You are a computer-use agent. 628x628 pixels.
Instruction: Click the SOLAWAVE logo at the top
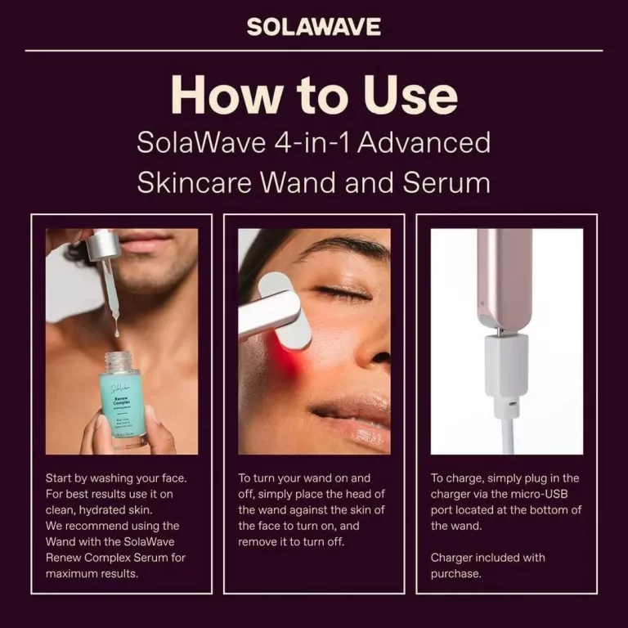[314, 27]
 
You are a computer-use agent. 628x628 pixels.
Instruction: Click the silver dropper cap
[104, 244]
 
